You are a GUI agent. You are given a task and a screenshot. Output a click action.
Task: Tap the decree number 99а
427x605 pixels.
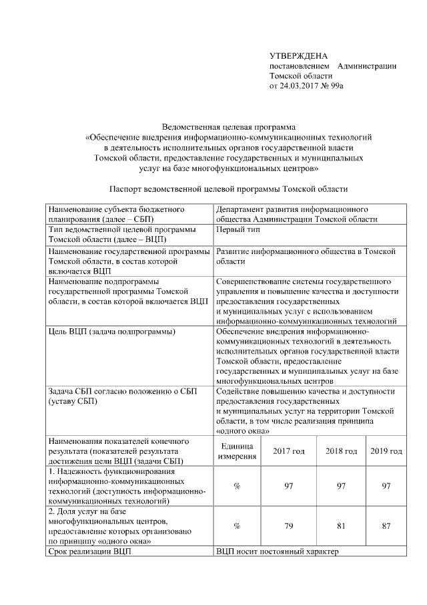point(344,86)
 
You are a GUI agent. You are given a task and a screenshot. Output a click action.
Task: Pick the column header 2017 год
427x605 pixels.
point(289,451)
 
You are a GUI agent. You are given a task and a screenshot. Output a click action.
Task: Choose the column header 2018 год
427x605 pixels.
point(341,451)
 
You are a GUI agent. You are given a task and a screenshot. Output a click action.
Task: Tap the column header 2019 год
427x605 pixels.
point(386,451)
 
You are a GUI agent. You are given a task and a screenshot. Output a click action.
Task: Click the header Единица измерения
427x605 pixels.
point(237,451)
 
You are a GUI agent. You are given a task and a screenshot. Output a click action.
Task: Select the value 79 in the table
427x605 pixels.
point(289,525)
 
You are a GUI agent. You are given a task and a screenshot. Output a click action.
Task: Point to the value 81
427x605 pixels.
point(341,525)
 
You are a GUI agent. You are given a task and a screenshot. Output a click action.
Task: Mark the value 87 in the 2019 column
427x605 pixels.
point(386,525)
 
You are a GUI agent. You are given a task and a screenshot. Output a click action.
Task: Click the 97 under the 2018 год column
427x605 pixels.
point(341,486)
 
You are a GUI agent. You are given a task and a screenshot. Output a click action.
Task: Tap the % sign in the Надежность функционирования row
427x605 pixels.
point(237,486)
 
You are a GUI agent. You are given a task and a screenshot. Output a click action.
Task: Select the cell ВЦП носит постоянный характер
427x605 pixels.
point(278,552)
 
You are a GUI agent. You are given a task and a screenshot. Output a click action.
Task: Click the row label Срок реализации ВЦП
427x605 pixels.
point(90,552)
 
